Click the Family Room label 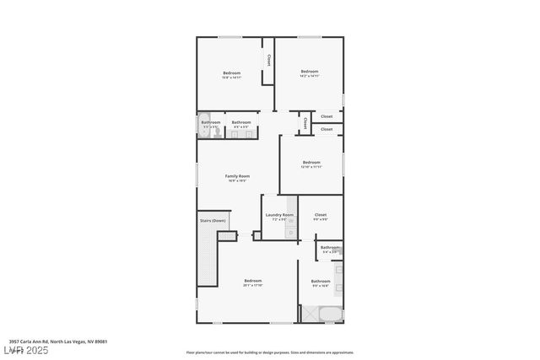(236, 176)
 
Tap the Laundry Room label (279, 215)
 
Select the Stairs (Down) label (212, 221)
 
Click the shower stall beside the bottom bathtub (310, 314)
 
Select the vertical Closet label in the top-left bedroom (268, 61)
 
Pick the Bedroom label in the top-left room (232, 73)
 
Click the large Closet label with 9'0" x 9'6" (320, 215)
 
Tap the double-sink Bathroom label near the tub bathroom (241, 122)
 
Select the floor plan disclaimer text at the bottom (270, 352)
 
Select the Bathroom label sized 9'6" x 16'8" (321, 282)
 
